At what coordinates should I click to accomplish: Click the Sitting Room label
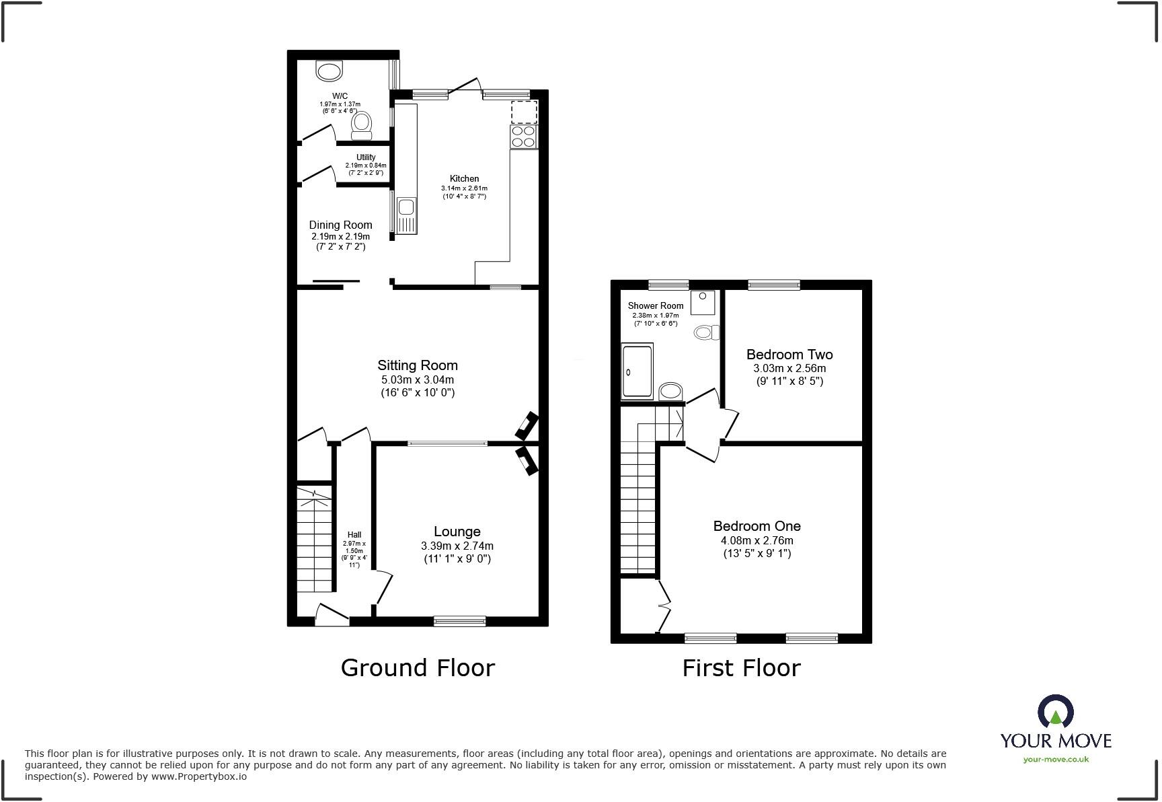(x=417, y=365)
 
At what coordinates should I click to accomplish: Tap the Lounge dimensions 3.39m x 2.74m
(x=457, y=546)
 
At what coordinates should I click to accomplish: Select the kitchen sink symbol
(x=406, y=216)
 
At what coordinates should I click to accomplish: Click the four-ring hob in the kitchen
(x=524, y=137)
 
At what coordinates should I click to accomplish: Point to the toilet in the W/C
(x=362, y=125)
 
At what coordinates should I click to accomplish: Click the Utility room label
(x=366, y=157)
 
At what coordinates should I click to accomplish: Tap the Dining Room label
(x=340, y=225)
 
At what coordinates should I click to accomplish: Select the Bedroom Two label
(x=789, y=355)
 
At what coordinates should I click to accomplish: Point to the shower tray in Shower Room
(x=637, y=371)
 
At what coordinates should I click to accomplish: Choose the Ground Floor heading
(x=418, y=667)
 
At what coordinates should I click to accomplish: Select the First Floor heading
(x=741, y=668)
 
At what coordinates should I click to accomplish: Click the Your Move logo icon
(x=1055, y=712)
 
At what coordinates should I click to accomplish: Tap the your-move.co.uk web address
(x=1055, y=760)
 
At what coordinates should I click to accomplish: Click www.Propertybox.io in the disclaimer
(x=198, y=776)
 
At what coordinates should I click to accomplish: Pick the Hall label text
(x=354, y=535)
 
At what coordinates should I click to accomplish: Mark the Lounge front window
(x=459, y=621)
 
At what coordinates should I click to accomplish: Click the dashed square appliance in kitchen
(x=524, y=112)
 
